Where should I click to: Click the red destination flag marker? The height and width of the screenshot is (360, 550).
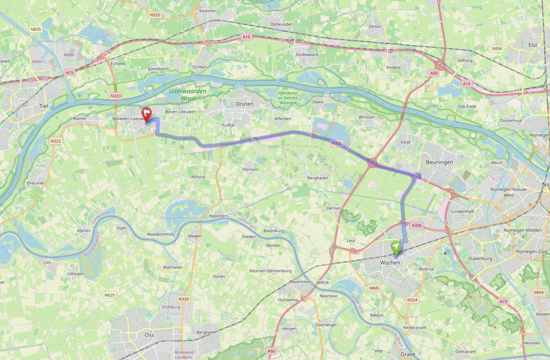pos(147,113)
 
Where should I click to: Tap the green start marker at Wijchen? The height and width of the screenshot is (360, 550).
pos(396,247)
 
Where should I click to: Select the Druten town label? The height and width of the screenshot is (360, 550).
pos(244,104)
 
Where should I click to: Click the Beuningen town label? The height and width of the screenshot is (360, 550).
pos(439,162)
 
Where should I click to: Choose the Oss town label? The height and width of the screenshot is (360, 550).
pos(149,335)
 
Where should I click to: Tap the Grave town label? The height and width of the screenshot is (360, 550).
pos(407,354)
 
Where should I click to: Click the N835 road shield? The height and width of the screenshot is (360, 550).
pos(35,29)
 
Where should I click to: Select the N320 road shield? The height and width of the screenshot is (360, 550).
pos(155,15)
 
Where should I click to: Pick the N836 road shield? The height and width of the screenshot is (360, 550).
pos(497,49)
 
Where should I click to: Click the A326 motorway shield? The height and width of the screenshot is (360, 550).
pos(416,225)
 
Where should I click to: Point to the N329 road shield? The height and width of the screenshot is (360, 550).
pos(183,299)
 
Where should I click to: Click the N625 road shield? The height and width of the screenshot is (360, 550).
pos(109,295)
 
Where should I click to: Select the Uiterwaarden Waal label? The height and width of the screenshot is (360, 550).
pos(188,95)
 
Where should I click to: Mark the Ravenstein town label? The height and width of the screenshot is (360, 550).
pos(301,282)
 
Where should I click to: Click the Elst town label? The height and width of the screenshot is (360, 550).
pos(533,45)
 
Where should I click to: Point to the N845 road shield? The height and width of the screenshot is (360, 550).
pos(374,288)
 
